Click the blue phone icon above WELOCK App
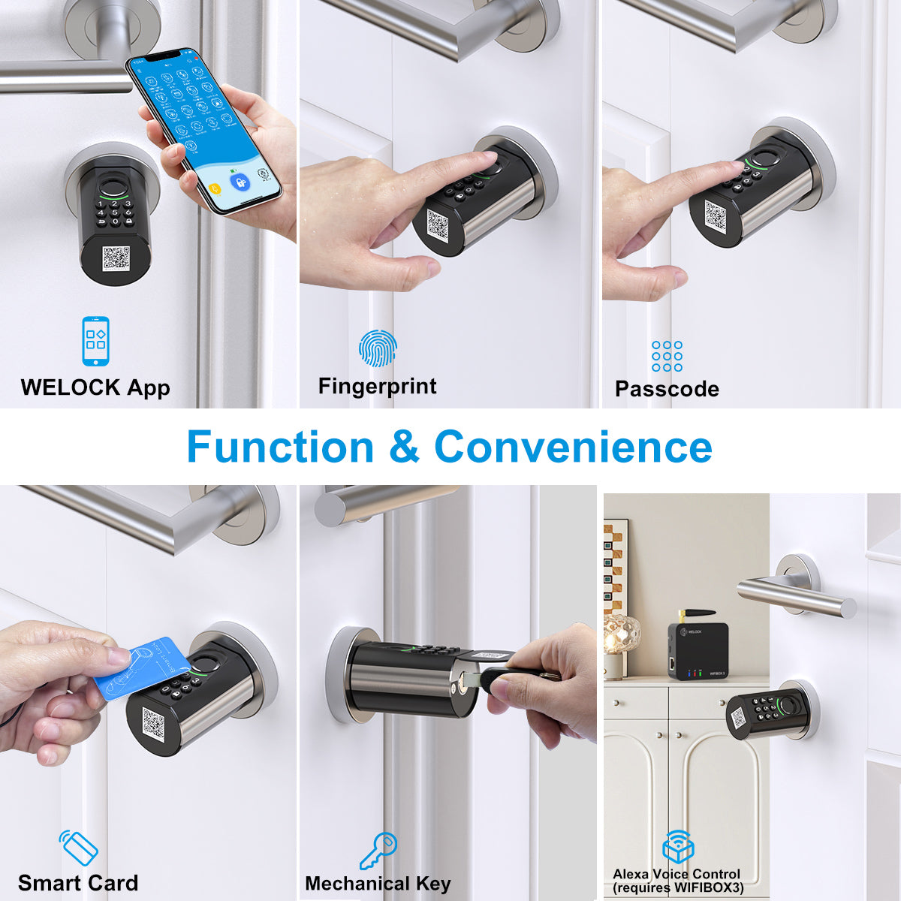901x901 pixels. (x=95, y=342)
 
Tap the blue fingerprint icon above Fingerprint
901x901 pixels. (x=377, y=348)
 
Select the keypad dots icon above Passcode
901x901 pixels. (x=667, y=356)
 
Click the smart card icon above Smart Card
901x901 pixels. (x=80, y=848)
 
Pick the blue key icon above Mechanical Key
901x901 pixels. (x=378, y=850)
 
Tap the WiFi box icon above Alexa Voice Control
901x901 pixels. (x=677, y=847)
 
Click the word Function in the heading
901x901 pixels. (x=280, y=447)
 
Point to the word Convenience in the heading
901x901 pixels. (x=573, y=447)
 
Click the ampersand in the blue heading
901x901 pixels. (x=404, y=447)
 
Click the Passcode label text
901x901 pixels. (x=667, y=389)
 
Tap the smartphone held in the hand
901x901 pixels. (x=203, y=131)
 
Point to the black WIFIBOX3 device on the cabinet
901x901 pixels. (x=698, y=650)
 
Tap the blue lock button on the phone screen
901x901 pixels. (x=240, y=182)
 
